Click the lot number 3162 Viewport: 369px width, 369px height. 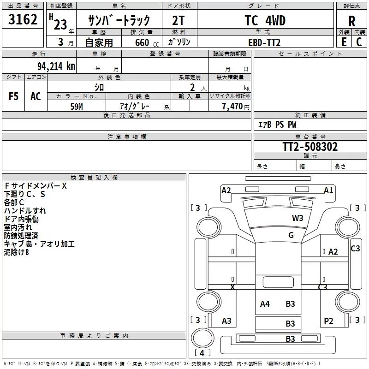(x=23, y=19)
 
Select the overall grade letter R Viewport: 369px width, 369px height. (x=351, y=21)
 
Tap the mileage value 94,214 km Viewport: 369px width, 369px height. (x=56, y=66)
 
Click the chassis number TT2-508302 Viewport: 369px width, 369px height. (x=310, y=147)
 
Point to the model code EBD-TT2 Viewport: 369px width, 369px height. (x=264, y=42)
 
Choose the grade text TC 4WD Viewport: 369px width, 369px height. (x=265, y=20)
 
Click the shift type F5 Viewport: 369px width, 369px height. (x=13, y=96)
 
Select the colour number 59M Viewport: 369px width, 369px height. (x=77, y=107)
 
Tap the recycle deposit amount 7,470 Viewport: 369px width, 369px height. (x=232, y=106)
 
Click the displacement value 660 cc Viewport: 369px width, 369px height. (x=147, y=42)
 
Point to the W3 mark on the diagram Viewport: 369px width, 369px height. (x=298, y=218)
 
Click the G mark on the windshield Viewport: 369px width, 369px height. (x=291, y=235)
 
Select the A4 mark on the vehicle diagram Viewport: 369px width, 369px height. (x=265, y=304)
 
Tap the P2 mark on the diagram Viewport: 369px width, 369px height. (x=328, y=321)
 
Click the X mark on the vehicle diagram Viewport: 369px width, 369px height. (x=232, y=287)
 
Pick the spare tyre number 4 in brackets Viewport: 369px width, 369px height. (x=202, y=353)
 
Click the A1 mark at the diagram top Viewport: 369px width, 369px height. (x=328, y=190)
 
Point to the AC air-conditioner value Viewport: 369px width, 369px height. (x=36, y=96)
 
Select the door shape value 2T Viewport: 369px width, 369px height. (x=179, y=20)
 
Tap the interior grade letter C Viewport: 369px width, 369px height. (x=359, y=42)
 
